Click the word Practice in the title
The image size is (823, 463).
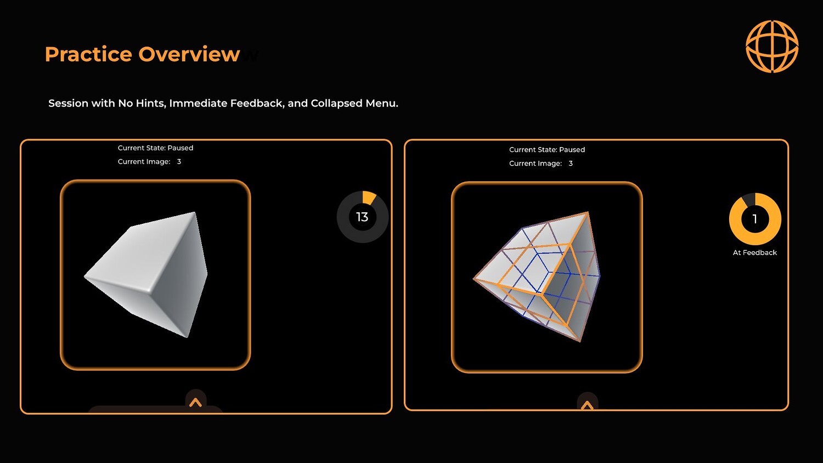pos(88,55)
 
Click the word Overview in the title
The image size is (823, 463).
pos(189,54)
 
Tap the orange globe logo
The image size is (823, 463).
pos(772,46)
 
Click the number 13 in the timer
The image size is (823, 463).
pos(362,217)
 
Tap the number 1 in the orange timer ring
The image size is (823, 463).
pos(754,219)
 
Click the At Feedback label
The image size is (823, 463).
pos(754,252)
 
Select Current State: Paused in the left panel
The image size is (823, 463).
pos(155,148)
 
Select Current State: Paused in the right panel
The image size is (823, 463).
pos(547,150)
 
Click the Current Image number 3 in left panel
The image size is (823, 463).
pos(179,162)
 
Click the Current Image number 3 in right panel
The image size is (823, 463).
pos(571,163)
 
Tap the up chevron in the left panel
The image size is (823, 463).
pos(195,403)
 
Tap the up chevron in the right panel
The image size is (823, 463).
pos(587,406)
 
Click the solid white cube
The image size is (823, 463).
pos(146,274)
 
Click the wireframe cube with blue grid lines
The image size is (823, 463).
pos(537,276)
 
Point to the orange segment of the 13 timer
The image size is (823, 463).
pos(369,197)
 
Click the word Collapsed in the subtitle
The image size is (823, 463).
pos(336,104)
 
